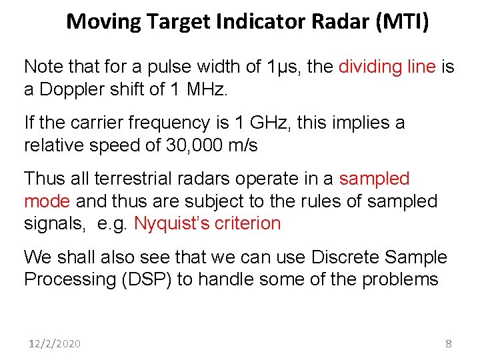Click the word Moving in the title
pyautogui.click(x=104, y=22)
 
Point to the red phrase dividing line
pyautogui.click(x=387, y=67)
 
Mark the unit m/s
pyautogui.click(x=241, y=145)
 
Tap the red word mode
pyautogui.click(x=47, y=201)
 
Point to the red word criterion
pyautogui.click(x=248, y=224)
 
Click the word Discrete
pyautogui.click(x=345, y=257)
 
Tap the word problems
pyautogui.click(x=400, y=280)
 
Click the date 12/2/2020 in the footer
pyautogui.click(x=55, y=343)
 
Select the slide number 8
pyautogui.click(x=448, y=343)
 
